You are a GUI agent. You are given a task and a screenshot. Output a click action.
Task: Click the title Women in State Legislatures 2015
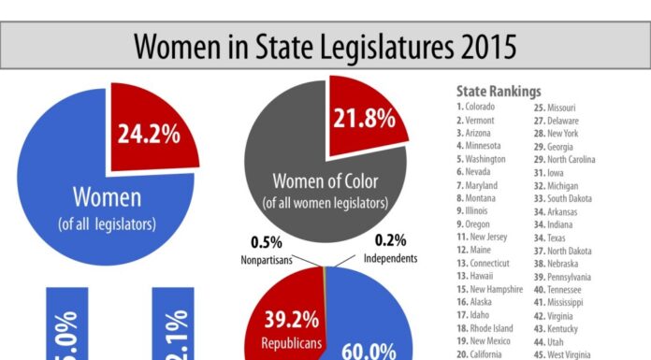pos(325,43)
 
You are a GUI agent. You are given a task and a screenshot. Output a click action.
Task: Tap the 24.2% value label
pos(148,133)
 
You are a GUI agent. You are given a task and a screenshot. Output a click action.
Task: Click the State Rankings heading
pos(498,92)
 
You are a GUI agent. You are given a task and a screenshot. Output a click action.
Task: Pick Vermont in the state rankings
pos(478,120)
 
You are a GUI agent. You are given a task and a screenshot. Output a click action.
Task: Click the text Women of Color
pos(325,180)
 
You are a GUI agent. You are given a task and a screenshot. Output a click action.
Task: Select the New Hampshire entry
pos(493,277)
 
